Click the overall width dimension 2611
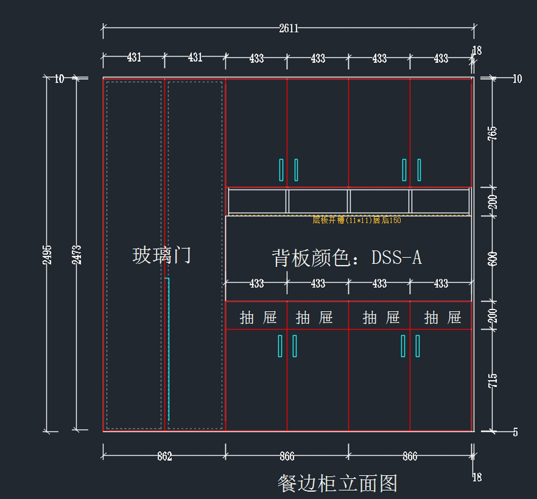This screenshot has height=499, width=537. (x=289, y=28)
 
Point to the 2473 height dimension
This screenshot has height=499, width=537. (x=77, y=254)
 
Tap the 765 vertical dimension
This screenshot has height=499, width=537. (x=492, y=133)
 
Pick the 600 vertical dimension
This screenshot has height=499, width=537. (x=492, y=259)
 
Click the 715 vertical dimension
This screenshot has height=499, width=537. (x=492, y=381)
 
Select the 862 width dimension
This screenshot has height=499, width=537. (x=164, y=456)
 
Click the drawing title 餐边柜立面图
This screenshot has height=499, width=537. (x=337, y=483)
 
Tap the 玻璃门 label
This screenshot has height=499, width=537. (x=162, y=255)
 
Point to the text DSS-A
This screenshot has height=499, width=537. (x=396, y=258)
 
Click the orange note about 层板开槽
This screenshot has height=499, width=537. (x=357, y=220)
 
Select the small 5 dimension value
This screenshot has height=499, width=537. (x=516, y=432)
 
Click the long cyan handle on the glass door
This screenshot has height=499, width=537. (x=168, y=349)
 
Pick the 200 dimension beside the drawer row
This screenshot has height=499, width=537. (x=492, y=316)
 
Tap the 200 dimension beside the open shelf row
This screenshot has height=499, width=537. (x=492, y=202)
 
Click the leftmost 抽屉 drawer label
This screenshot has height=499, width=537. (x=258, y=318)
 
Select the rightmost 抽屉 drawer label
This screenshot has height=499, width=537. (x=443, y=318)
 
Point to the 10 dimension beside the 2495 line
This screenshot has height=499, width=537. (x=60, y=79)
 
